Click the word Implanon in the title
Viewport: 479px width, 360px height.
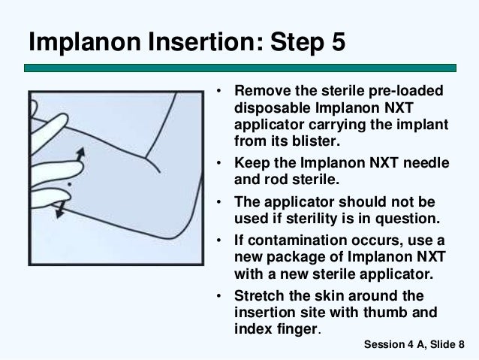click(x=85, y=43)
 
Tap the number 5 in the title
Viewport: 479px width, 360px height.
click(x=338, y=41)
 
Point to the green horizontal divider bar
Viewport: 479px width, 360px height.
click(x=240, y=68)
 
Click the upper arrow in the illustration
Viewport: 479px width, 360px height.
click(x=80, y=154)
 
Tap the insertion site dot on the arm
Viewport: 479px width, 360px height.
click(x=69, y=184)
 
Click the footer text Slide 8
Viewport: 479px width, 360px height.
click(x=447, y=344)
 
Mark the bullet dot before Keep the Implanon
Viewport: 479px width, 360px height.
click(x=218, y=163)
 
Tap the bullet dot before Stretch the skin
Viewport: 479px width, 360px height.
click(x=218, y=296)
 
